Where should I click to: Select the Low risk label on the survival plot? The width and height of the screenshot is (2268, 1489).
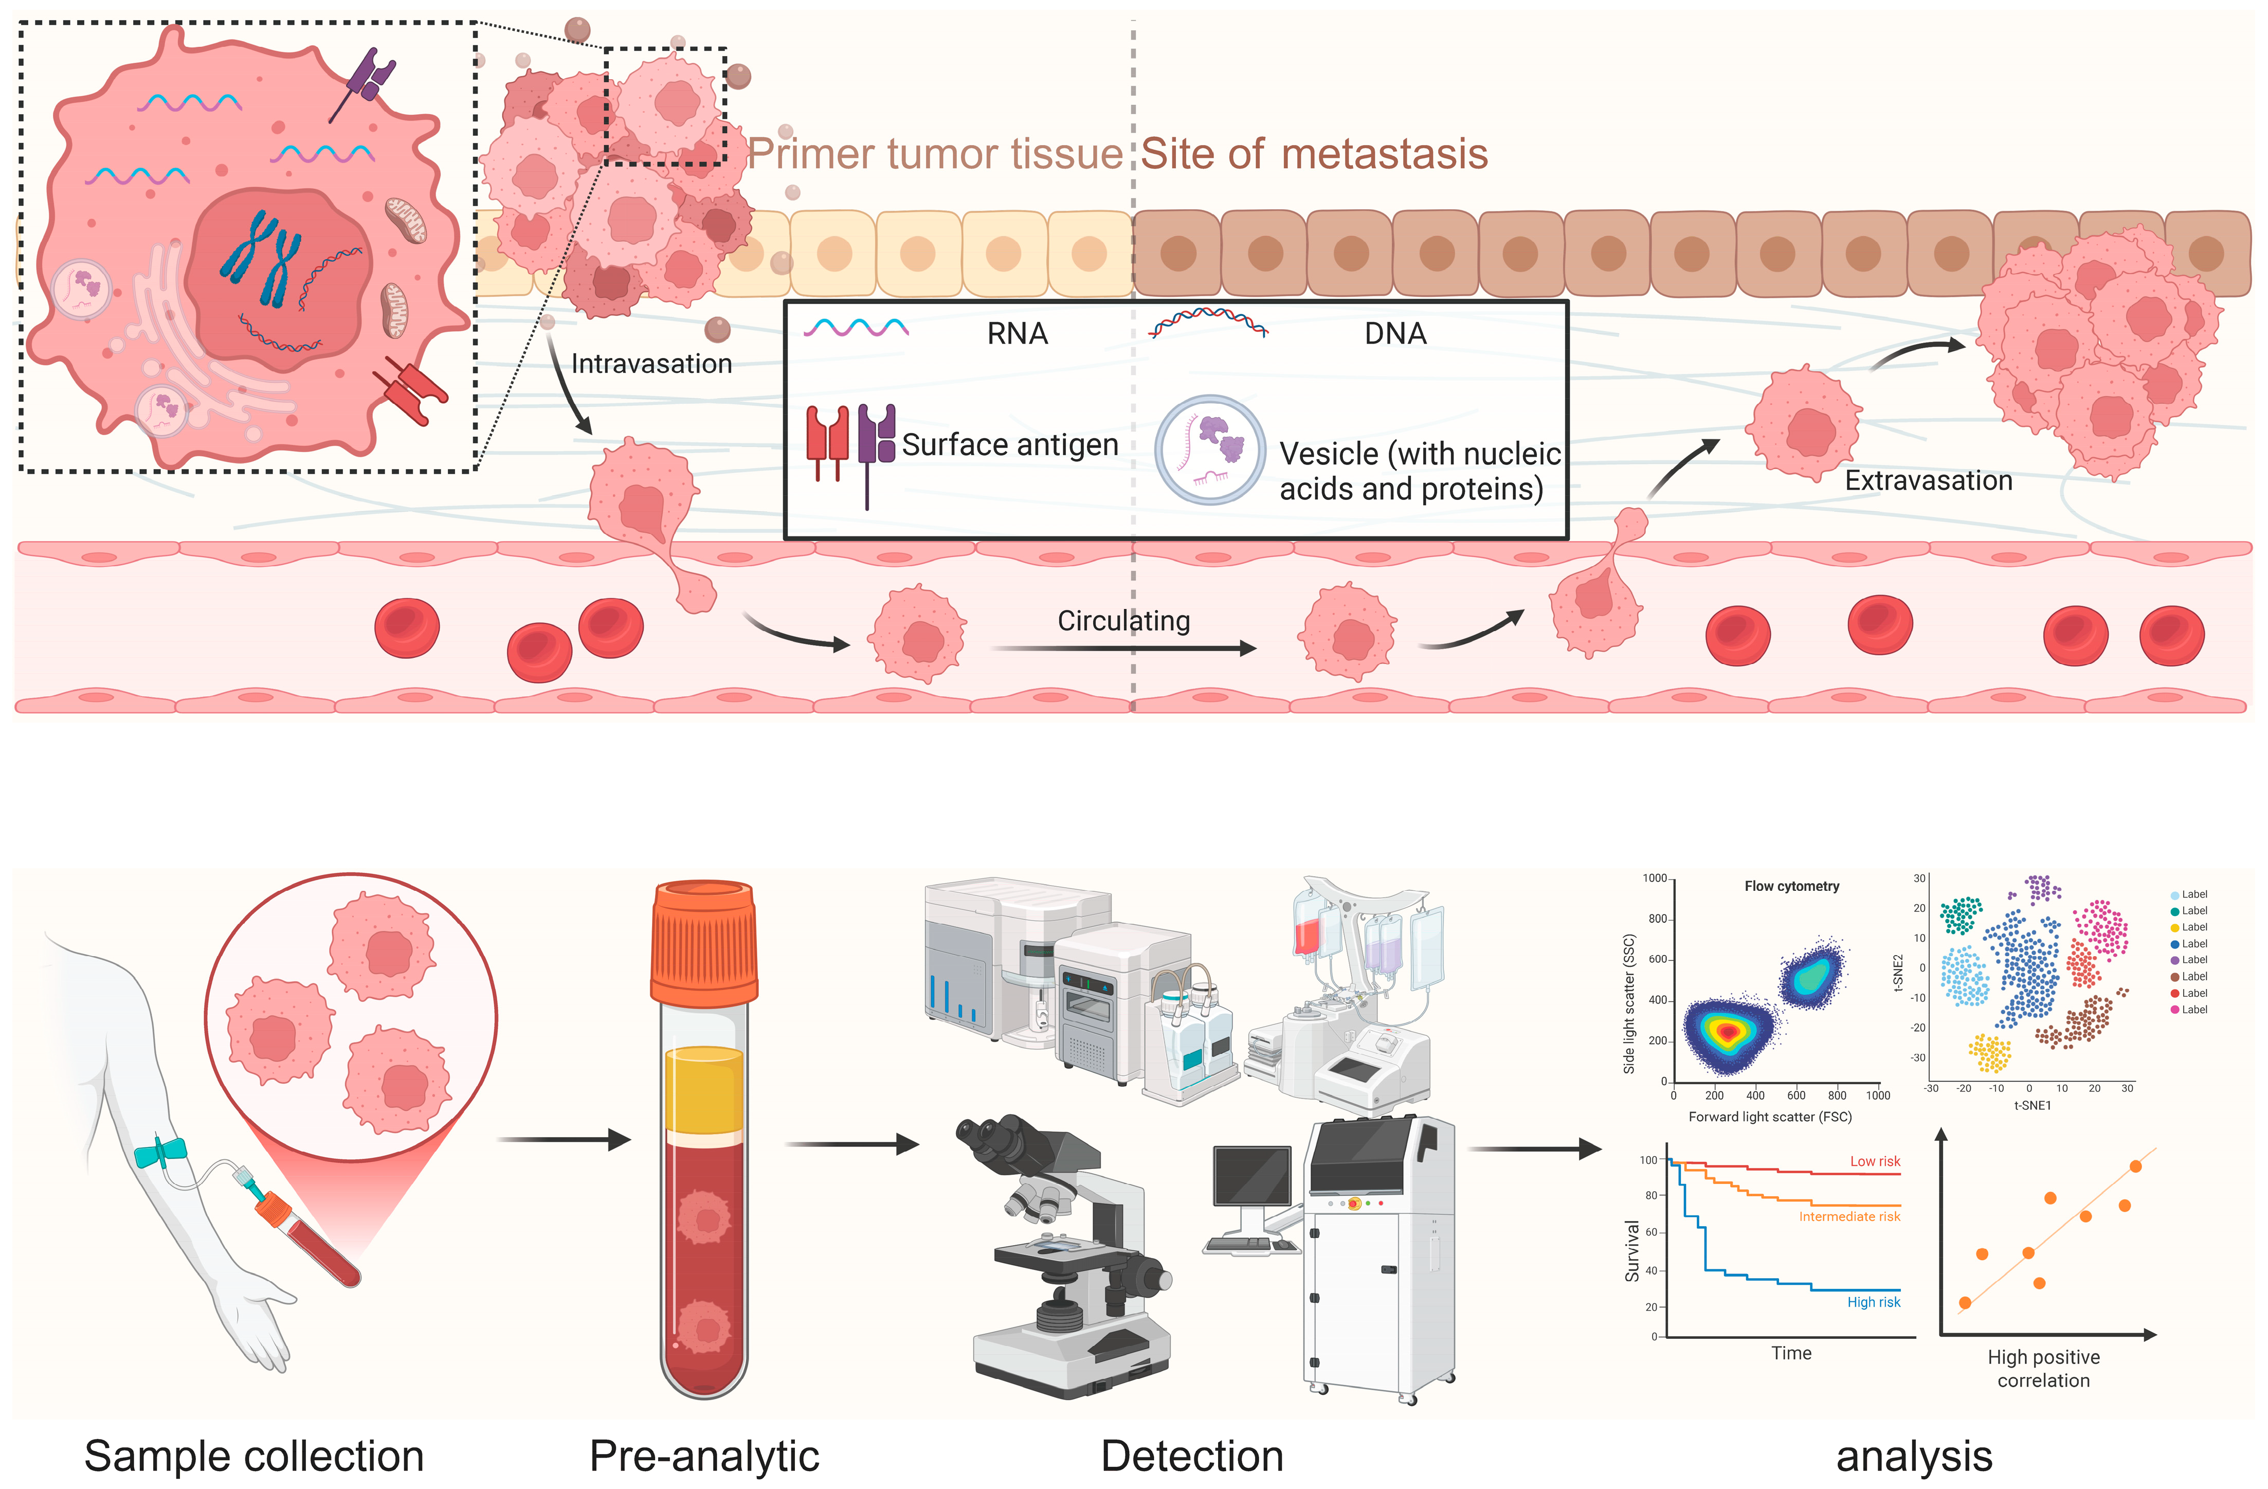coord(1875,1161)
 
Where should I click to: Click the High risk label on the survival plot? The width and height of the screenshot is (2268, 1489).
coord(1874,1302)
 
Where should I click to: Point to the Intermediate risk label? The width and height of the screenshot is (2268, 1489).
coord(1849,1216)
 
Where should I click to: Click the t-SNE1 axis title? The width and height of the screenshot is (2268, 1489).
coord(2031,1106)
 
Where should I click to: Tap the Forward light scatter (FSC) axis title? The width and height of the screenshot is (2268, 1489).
coord(1770,1116)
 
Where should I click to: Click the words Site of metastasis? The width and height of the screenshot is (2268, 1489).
coord(1314,153)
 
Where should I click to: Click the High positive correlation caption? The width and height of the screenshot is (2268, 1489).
coord(2043,1369)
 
